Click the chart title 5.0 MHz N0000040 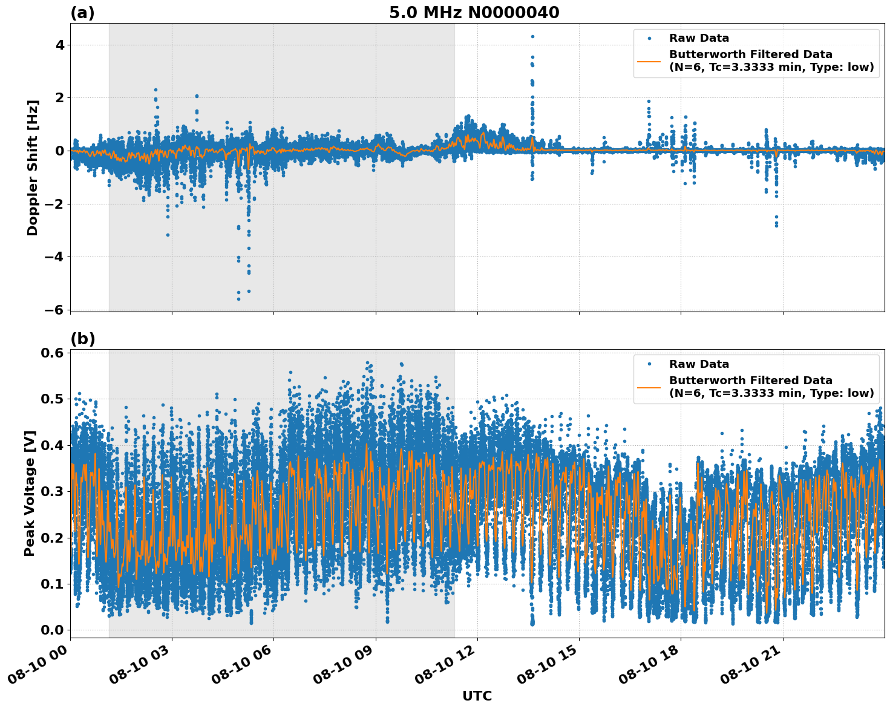click(x=474, y=12)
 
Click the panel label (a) click(x=82, y=13)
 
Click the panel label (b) click(x=82, y=339)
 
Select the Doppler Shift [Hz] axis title click(x=33, y=168)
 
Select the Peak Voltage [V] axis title click(x=30, y=493)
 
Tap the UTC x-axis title click(x=477, y=696)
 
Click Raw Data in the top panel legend click(x=699, y=38)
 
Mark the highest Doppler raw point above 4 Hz click(x=532, y=36)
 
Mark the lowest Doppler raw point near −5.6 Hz click(x=238, y=299)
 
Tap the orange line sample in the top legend click(x=649, y=60)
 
